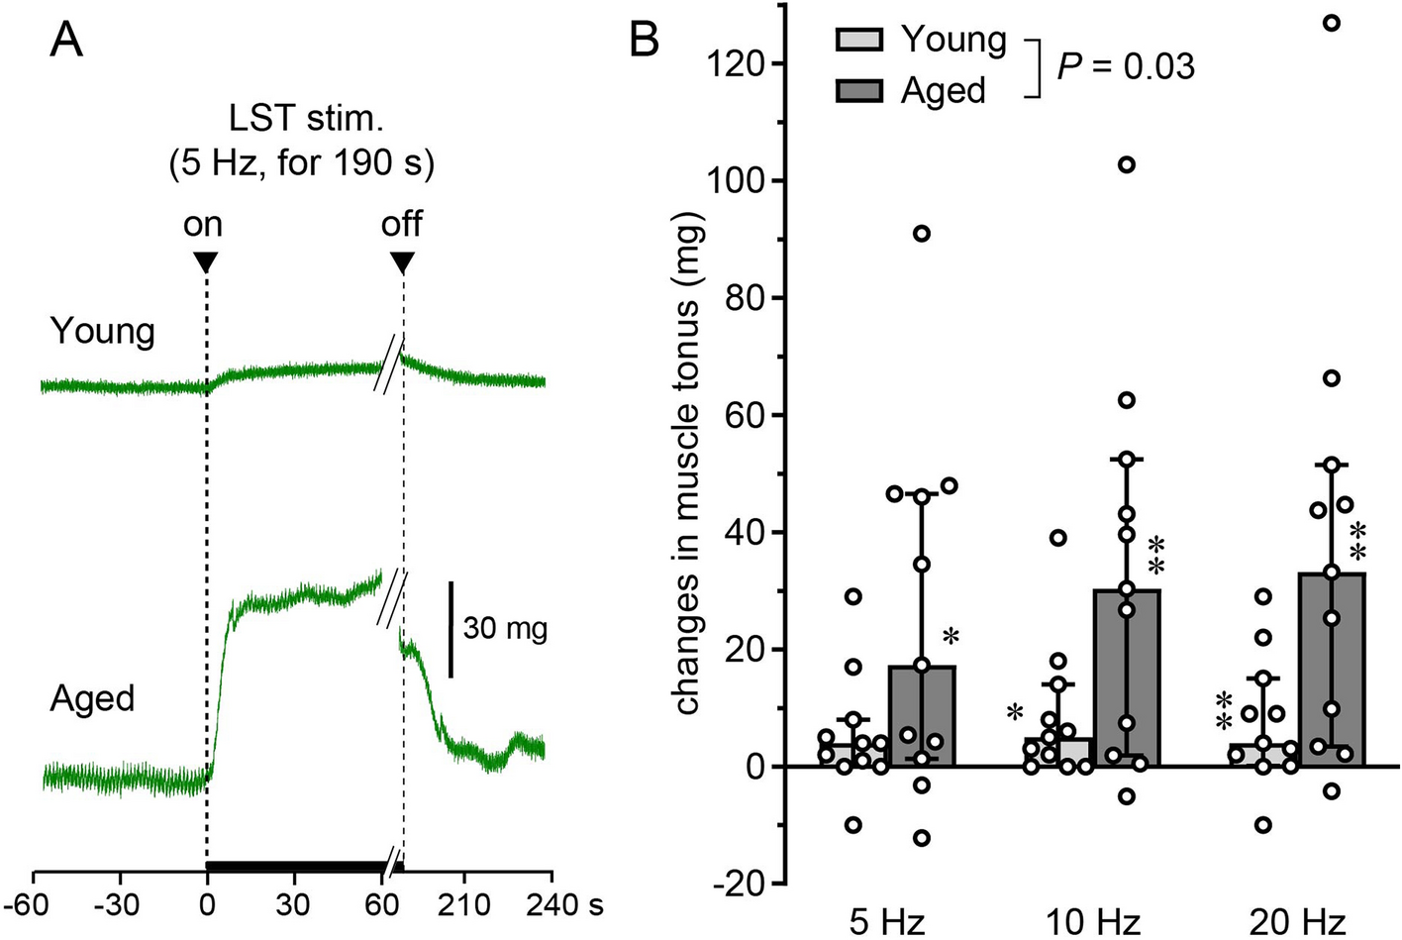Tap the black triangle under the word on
pos(205,262)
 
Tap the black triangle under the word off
pos(402,262)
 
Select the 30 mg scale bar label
pos(505,628)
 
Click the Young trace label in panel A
pos(102,331)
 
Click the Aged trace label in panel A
pos(92,699)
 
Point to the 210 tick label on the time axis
pos(464,904)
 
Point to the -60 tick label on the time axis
pos(33,904)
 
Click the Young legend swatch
pos(858,40)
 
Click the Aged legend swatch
pos(858,91)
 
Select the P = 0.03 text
pos(1126,66)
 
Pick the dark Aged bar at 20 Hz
pos(1332,671)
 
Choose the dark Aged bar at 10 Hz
pos(1127,679)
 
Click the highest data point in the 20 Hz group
pos(1332,23)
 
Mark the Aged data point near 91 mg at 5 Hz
pos(922,234)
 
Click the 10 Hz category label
pos(1092,923)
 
